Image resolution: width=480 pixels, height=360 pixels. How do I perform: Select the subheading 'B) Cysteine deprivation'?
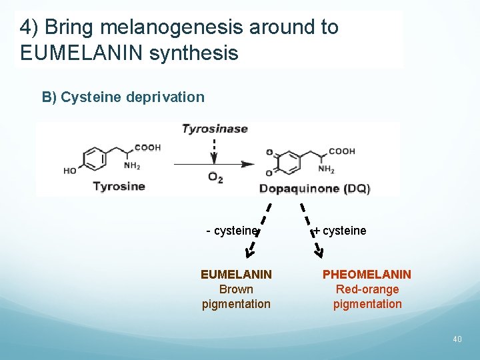click(x=123, y=97)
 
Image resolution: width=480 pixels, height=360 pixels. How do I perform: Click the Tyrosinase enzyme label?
click(x=215, y=129)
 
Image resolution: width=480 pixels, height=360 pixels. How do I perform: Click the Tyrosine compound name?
click(x=119, y=186)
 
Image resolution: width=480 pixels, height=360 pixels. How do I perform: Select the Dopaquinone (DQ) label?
click(x=314, y=188)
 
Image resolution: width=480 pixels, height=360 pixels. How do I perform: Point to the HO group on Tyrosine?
click(x=70, y=171)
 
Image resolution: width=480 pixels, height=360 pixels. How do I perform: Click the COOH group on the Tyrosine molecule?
click(x=147, y=147)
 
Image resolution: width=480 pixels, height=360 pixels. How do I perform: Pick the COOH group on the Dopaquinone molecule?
click(x=341, y=151)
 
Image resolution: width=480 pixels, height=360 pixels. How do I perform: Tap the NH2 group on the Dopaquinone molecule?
click(x=326, y=170)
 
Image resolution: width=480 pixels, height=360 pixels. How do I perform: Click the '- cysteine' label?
click(x=232, y=231)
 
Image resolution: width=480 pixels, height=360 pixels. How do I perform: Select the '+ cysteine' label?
click(x=340, y=231)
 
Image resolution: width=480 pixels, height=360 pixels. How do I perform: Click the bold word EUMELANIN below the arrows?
click(x=236, y=275)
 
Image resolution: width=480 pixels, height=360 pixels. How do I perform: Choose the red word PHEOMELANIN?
click(x=367, y=275)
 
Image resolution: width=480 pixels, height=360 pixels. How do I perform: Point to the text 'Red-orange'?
click(x=367, y=289)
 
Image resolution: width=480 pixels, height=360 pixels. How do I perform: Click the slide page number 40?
click(x=457, y=339)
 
